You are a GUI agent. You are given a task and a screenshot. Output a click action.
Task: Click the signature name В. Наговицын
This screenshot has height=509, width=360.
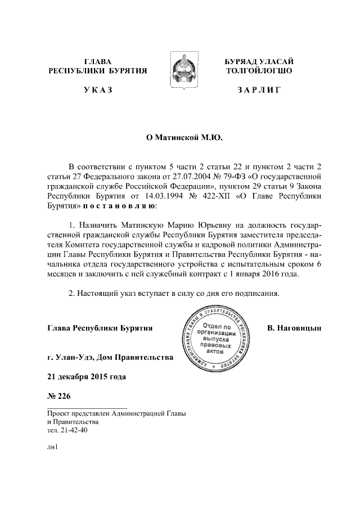(294, 327)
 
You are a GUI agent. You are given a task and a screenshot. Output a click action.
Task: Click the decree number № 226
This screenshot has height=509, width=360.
(60, 395)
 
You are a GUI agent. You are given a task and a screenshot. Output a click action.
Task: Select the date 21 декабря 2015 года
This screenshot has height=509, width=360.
(87, 376)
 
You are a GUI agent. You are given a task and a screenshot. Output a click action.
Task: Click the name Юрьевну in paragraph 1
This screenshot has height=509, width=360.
(181, 224)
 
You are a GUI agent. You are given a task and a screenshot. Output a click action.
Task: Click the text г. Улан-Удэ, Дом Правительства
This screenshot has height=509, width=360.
(110, 357)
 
